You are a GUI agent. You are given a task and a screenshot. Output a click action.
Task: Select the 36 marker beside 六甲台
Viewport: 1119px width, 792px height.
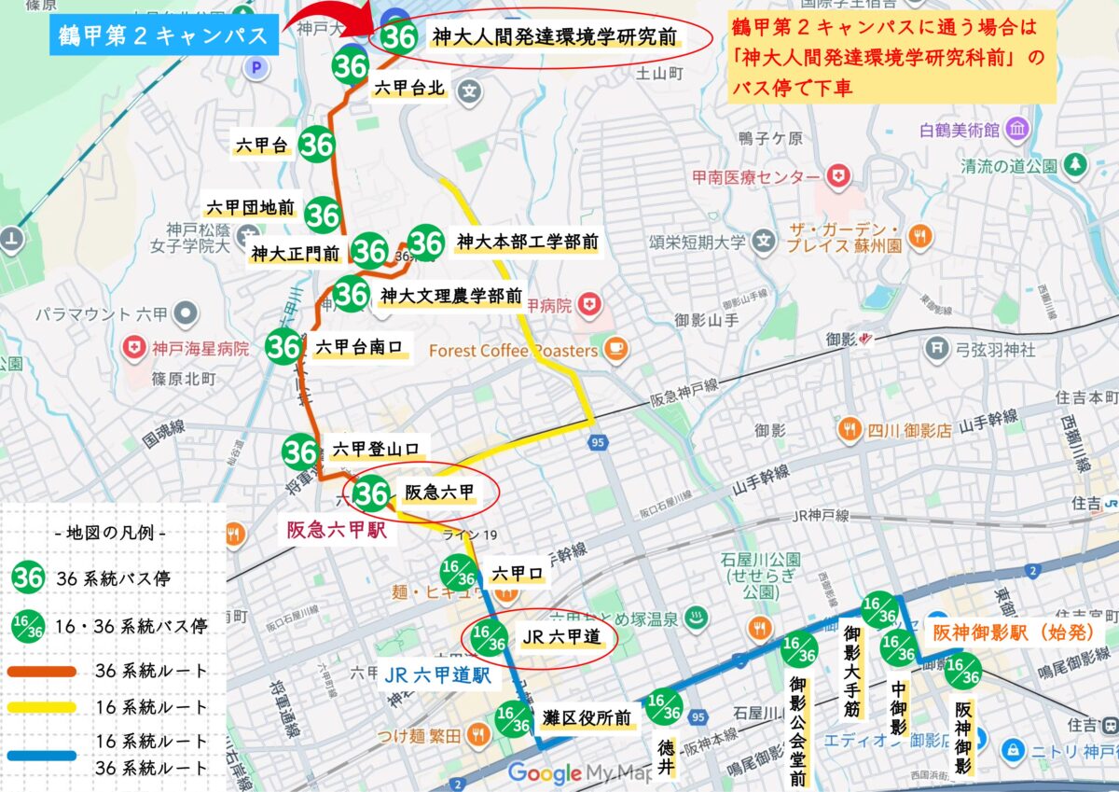click(317, 145)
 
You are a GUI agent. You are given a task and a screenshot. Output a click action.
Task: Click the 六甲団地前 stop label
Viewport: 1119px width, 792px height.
click(250, 208)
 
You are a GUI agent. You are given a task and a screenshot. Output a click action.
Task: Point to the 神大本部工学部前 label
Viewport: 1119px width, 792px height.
click(527, 243)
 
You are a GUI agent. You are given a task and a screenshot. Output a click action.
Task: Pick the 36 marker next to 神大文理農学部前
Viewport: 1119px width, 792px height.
click(351, 295)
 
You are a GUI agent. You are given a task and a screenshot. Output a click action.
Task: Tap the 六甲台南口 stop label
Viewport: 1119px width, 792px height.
click(359, 347)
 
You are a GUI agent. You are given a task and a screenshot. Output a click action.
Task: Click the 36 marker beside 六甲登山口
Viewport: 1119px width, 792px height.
click(300, 452)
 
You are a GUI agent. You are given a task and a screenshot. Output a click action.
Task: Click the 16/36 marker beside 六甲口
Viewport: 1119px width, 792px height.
click(459, 572)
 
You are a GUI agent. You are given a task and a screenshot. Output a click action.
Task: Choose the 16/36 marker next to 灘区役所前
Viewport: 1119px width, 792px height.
click(514, 718)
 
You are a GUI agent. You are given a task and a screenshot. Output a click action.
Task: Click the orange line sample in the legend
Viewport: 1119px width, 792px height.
click(43, 671)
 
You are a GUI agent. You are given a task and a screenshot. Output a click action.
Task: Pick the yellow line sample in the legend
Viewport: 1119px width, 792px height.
click(43, 706)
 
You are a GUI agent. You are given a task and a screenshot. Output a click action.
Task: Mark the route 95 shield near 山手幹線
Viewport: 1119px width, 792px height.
click(598, 441)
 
